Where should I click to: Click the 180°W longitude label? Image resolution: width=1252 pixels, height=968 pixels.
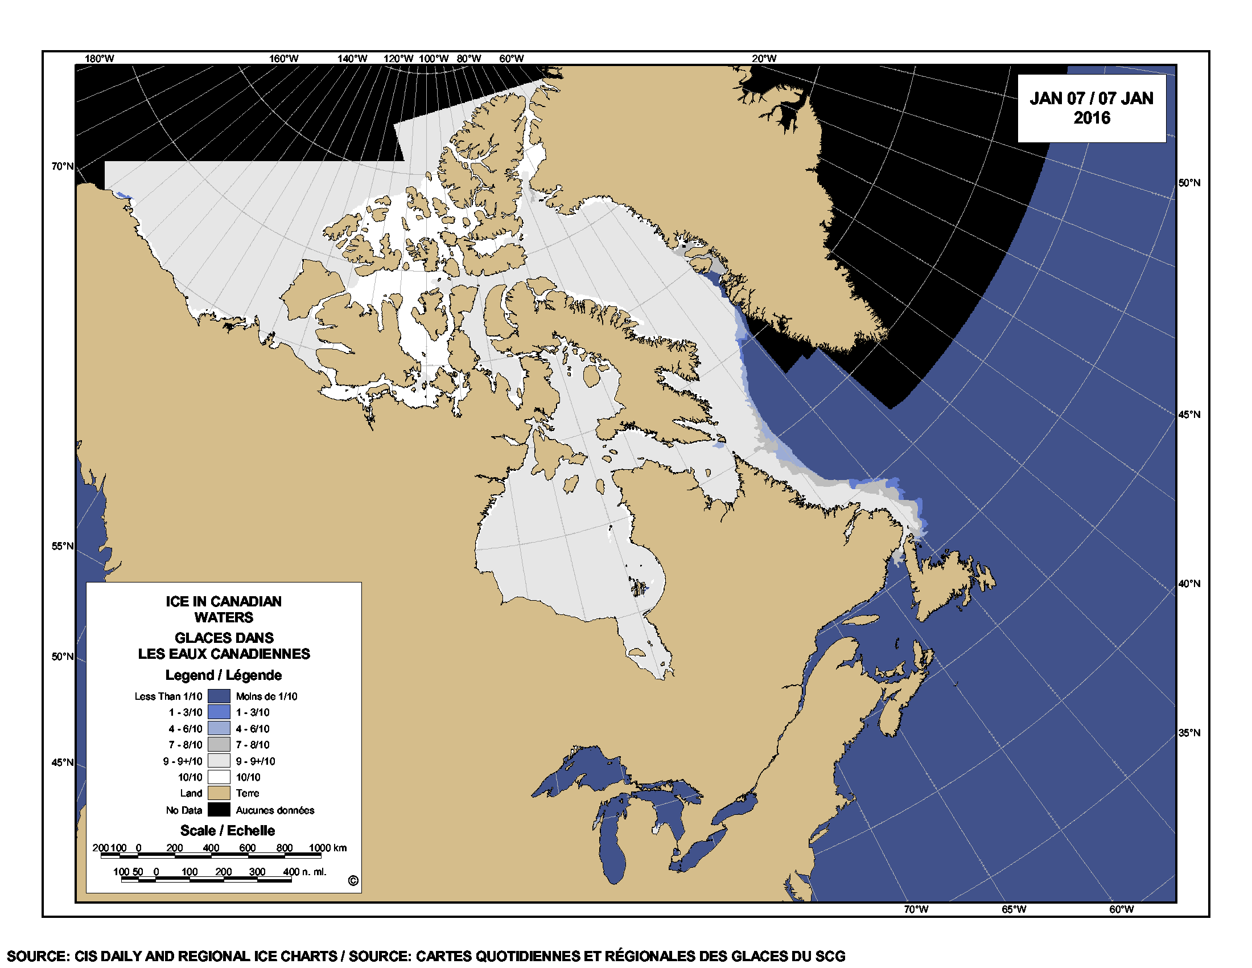click(99, 59)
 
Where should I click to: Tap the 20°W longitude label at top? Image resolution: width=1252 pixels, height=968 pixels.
click(764, 59)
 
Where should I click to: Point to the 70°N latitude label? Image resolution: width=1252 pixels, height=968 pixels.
click(63, 166)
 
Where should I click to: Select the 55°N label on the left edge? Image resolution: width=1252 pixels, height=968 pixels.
click(63, 546)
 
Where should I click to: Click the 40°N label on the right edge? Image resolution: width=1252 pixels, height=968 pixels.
click(1189, 584)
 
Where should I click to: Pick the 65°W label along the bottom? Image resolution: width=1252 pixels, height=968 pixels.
click(1014, 909)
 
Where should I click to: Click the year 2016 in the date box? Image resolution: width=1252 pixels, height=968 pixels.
click(1092, 118)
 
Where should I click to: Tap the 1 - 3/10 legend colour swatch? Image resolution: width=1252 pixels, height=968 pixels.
click(219, 712)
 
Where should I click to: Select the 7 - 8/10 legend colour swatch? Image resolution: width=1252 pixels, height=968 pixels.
click(219, 745)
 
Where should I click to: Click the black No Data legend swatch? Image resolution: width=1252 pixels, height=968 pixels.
click(219, 810)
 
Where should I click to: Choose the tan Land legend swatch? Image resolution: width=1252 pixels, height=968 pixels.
click(219, 793)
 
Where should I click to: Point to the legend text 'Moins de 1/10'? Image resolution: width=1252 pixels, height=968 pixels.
click(266, 696)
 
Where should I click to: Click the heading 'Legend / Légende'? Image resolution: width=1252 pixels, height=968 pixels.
click(224, 675)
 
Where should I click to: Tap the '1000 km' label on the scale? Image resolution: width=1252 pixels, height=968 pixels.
click(328, 848)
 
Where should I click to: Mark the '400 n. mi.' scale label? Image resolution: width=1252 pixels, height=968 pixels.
click(305, 872)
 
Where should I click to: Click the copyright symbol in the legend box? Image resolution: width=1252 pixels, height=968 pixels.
click(353, 881)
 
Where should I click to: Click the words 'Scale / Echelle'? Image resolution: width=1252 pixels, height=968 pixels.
click(228, 830)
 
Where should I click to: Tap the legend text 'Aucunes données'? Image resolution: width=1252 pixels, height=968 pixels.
click(275, 810)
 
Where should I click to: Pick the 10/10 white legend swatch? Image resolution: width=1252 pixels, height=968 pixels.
click(219, 777)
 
